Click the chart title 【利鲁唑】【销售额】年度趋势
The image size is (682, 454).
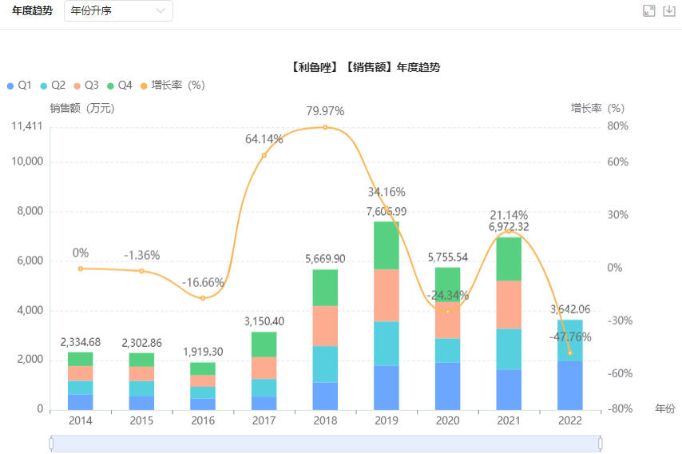366,68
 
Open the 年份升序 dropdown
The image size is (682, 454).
117,11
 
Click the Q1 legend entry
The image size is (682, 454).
18,86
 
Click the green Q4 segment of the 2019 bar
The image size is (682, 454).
387,245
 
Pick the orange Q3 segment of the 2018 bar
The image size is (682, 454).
325,326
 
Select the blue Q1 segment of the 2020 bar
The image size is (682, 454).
448,386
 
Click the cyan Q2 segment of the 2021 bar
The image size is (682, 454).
509,349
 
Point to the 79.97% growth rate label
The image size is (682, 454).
325,110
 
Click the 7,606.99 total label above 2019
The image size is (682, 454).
387,212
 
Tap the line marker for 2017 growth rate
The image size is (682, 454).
264,155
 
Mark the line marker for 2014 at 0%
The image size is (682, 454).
81,269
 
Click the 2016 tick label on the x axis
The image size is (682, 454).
203,421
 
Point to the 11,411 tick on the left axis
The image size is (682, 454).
28,126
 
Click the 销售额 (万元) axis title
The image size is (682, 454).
82,109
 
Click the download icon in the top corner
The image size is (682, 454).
669,11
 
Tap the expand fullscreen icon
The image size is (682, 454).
649,11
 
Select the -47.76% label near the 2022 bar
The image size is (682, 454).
570,337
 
